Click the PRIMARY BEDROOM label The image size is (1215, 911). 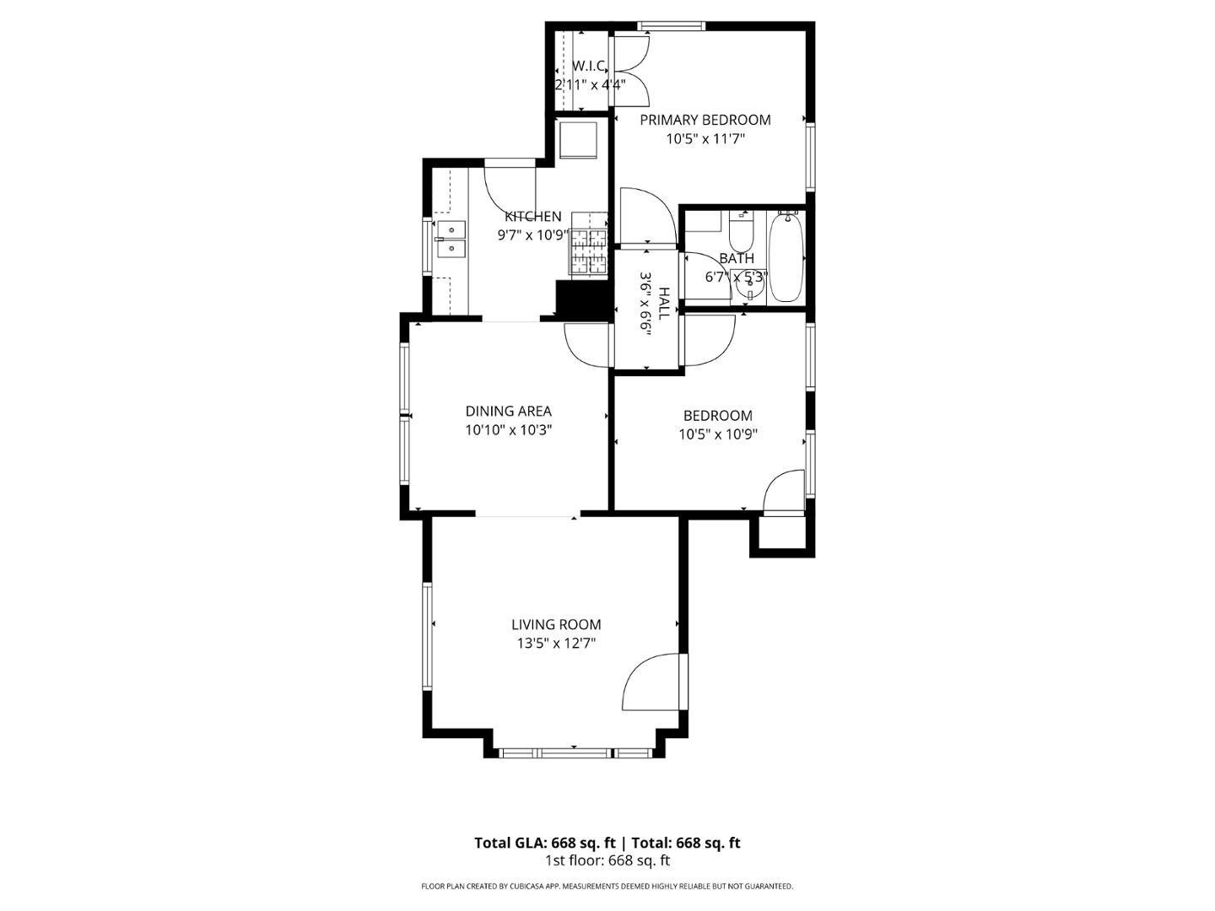(705, 120)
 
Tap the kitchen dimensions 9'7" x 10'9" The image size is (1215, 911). (533, 235)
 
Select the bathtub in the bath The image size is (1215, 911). (786, 256)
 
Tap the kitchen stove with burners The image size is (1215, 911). (588, 243)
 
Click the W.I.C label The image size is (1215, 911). (588, 67)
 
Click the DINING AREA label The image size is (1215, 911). (508, 411)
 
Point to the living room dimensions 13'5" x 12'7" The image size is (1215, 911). (556, 644)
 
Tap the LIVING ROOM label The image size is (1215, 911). (556, 624)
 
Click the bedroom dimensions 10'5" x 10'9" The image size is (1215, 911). (718, 434)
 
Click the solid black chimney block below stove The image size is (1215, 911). (584, 300)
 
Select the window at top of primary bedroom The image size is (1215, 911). (670, 25)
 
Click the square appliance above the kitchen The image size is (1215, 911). (579, 141)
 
